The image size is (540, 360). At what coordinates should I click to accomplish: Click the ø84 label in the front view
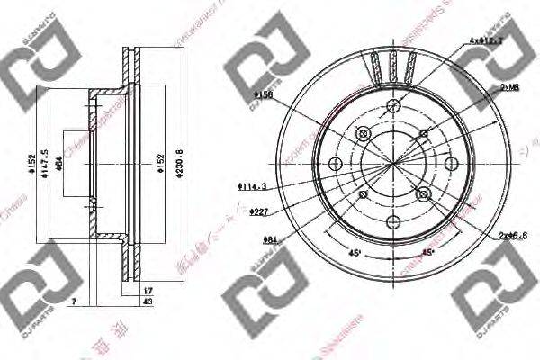[268, 238]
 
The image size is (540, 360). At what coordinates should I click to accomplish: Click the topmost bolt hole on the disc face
[393, 104]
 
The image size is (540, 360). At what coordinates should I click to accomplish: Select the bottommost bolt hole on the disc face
[392, 222]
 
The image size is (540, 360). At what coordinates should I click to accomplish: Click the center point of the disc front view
[393, 164]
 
